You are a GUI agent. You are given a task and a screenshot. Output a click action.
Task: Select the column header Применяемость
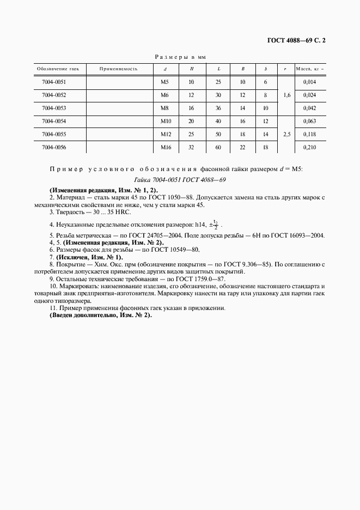[x=119, y=69]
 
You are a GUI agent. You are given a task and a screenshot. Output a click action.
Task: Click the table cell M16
[x=166, y=147]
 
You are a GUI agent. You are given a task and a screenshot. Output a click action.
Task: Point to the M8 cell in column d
[x=166, y=108]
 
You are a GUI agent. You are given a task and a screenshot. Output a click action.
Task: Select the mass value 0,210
[x=309, y=147]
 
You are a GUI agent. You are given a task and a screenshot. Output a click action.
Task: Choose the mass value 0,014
[x=309, y=82]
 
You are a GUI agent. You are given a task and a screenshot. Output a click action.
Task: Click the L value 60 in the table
[x=218, y=147]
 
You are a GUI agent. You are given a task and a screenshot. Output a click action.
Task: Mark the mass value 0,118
[x=309, y=134]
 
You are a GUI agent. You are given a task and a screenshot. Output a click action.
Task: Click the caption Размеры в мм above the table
[x=180, y=56]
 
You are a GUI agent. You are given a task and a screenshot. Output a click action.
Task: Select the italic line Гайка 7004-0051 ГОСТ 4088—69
[x=180, y=179]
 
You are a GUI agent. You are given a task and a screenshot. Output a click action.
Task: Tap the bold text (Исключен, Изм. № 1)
[x=88, y=257]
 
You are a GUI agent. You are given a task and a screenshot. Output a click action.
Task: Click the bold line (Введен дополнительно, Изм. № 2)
[x=101, y=315]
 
